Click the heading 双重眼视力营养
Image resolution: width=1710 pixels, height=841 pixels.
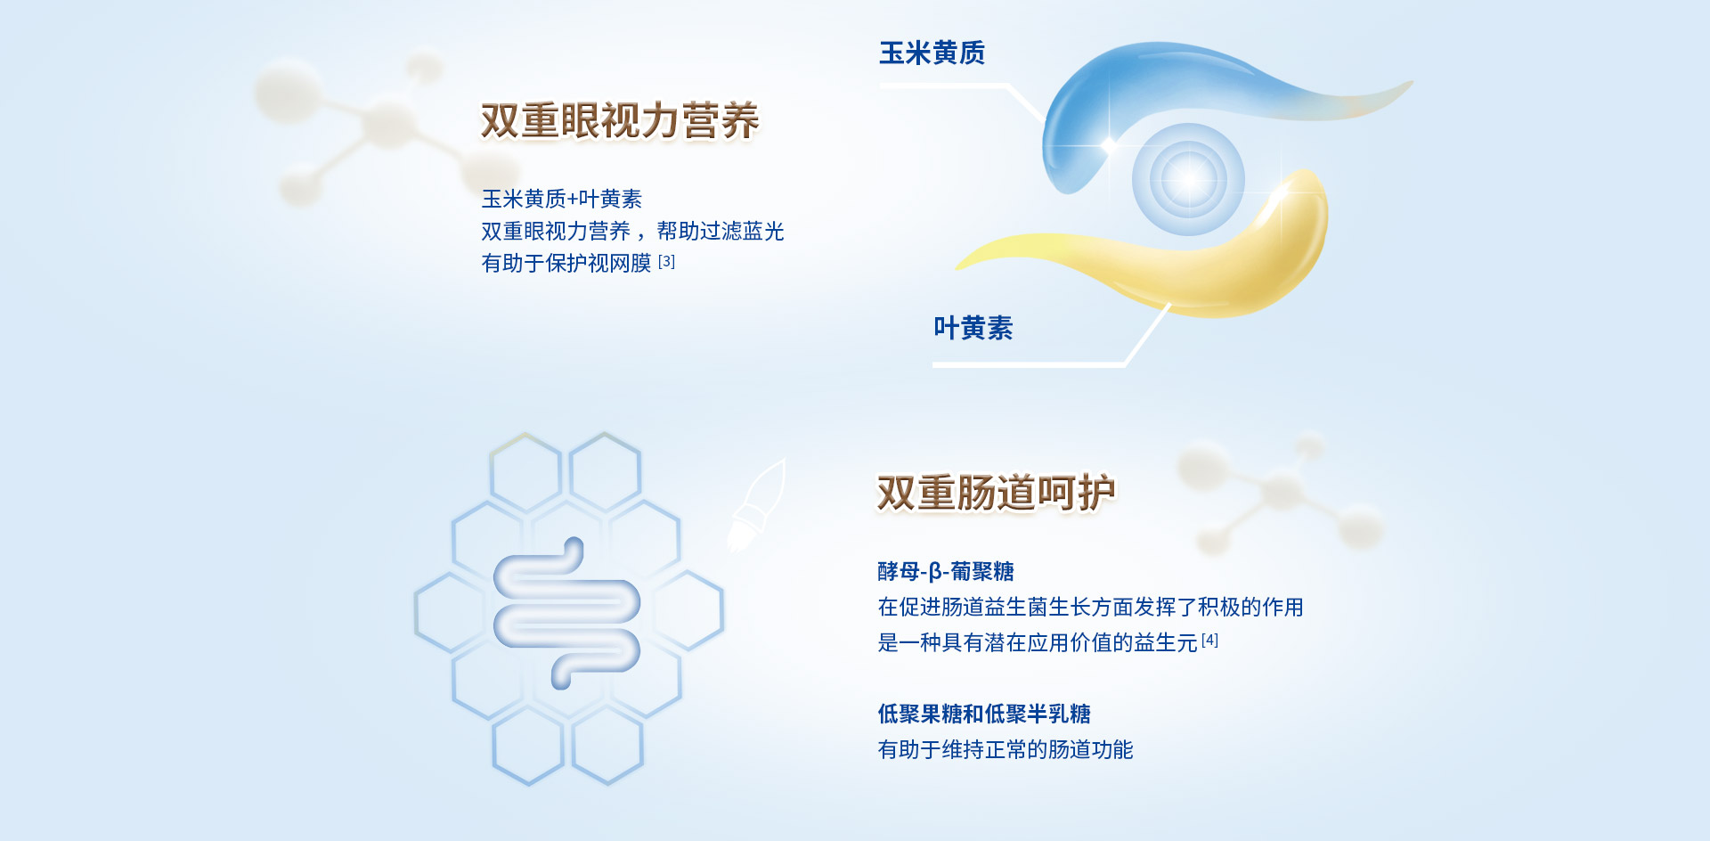[620, 120]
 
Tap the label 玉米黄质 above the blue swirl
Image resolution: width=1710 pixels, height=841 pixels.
[932, 53]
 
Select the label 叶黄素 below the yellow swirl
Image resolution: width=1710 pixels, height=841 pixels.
[973, 328]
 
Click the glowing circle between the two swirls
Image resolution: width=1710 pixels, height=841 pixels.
[1188, 179]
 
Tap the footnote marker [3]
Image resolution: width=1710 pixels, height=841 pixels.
[666, 262]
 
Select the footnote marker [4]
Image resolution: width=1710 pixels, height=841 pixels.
[1209, 640]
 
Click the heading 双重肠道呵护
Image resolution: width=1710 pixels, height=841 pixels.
[997, 493]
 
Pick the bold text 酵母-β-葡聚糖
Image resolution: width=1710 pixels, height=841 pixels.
[946, 571]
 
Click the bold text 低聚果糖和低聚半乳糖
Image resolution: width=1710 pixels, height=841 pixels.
[984, 714]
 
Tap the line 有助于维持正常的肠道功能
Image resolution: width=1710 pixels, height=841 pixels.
[1006, 749]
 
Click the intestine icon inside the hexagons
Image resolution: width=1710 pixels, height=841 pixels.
[566, 613]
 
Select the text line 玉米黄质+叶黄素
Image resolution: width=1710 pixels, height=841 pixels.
[562, 199]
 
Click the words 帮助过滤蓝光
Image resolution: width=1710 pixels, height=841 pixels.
[721, 232]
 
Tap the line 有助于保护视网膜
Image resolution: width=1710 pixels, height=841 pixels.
[566, 264]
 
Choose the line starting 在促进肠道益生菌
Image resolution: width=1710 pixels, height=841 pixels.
[1091, 607]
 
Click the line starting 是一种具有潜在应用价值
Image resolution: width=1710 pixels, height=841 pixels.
[1038, 642]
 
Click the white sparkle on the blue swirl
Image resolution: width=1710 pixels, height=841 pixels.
[1110, 143]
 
